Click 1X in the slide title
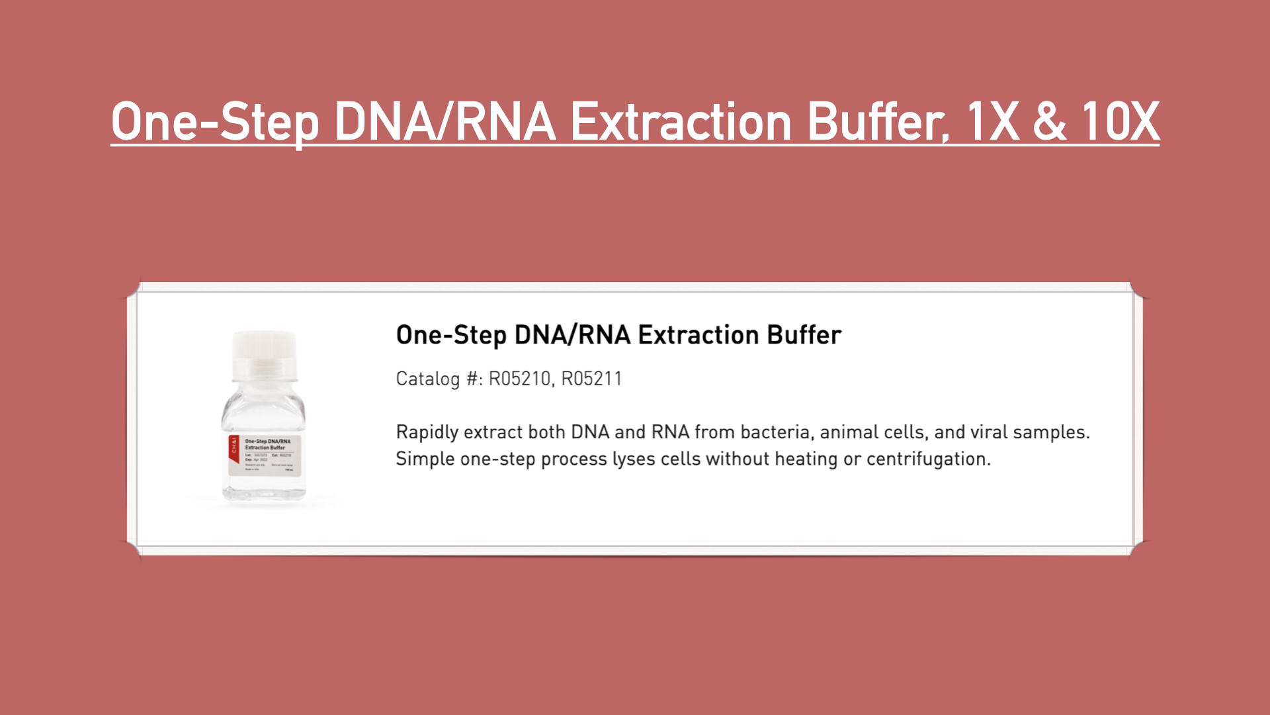(x=992, y=122)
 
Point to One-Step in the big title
(x=215, y=122)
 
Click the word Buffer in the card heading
(x=804, y=335)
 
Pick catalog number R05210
(x=519, y=379)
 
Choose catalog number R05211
(x=591, y=379)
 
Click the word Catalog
(x=427, y=379)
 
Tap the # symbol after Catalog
(x=472, y=379)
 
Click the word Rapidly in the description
(x=427, y=432)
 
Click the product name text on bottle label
(x=267, y=444)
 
